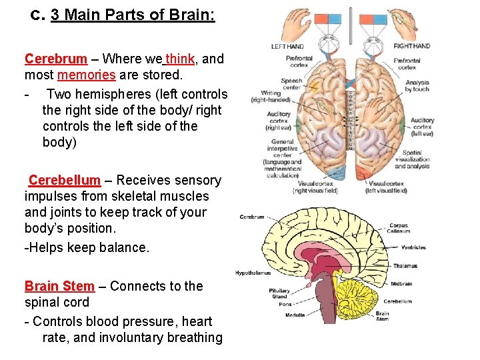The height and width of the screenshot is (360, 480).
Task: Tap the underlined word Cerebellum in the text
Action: (x=64, y=180)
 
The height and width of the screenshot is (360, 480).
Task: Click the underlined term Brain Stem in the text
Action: (x=59, y=286)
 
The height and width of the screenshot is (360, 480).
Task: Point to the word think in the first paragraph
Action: (x=181, y=59)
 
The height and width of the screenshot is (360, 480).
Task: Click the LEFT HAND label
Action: (x=287, y=46)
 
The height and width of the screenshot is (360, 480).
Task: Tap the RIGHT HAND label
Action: (x=411, y=46)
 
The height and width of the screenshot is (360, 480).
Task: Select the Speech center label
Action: (x=292, y=84)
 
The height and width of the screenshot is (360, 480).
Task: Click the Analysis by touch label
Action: (x=417, y=86)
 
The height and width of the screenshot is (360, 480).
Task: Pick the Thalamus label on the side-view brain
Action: (x=405, y=266)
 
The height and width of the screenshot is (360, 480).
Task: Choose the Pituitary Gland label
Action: (x=279, y=294)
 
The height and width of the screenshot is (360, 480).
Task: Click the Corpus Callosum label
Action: (x=399, y=229)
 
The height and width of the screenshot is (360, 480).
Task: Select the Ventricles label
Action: (x=413, y=247)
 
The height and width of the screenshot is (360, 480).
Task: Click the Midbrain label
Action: (x=401, y=283)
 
